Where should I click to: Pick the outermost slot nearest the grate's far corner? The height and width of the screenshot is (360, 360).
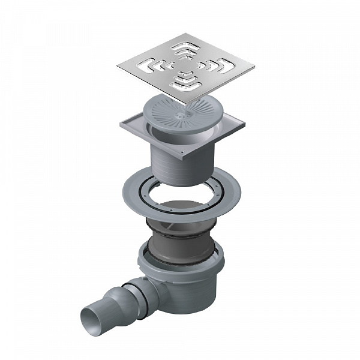click(x=186, y=45)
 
